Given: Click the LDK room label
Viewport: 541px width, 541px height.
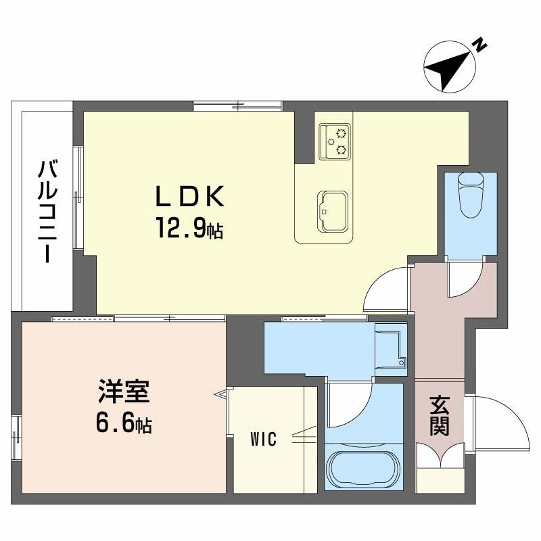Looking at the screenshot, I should point(190,197).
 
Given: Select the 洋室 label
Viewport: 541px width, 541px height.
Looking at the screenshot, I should point(122,393).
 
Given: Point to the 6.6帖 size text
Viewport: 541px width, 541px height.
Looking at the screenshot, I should point(122,425).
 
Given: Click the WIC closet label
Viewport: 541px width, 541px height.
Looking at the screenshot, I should point(262,440).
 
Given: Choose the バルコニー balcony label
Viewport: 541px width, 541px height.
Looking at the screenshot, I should point(47,211).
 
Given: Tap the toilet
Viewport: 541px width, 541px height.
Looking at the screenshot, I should point(471,192).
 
